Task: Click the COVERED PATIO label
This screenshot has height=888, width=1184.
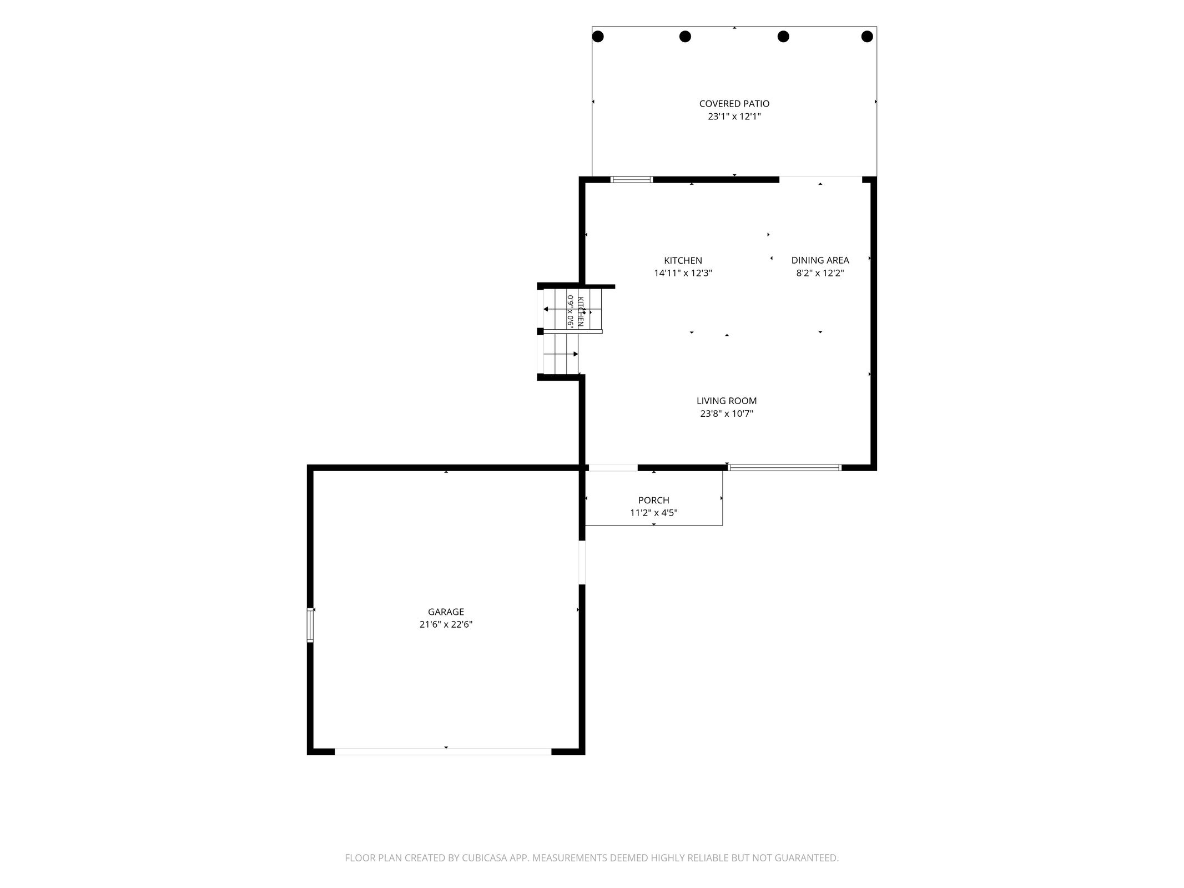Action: [x=734, y=104]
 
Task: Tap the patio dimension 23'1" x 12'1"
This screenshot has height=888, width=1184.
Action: [x=734, y=117]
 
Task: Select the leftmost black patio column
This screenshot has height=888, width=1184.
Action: [x=598, y=37]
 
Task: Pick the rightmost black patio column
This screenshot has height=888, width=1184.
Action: [x=867, y=37]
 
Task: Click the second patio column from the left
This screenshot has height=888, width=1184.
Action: [x=685, y=37]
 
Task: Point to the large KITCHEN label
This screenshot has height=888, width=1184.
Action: [x=683, y=260]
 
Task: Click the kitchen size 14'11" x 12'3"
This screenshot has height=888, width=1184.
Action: [x=683, y=273]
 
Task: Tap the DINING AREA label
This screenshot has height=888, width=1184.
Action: [x=820, y=260]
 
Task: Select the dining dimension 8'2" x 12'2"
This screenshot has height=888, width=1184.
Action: [x=820, y=273]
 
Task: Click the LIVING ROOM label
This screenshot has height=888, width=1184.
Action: [x=727, y=401]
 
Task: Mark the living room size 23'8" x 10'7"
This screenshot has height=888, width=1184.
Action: [x=727, y=413]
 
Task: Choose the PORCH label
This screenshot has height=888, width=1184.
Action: [x=653, y=500]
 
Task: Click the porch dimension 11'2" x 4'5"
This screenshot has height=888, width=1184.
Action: [x=653, y=513]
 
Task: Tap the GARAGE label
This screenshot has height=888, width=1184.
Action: [x=446, y=612]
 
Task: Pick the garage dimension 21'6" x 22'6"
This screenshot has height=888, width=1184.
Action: [x=446, y=624]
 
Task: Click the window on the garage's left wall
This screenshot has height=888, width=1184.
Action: [x=310, y=625]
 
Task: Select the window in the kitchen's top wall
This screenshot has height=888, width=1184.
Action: [x=632, y=179]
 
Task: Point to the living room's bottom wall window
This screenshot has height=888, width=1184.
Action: [x=784, y=468]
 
